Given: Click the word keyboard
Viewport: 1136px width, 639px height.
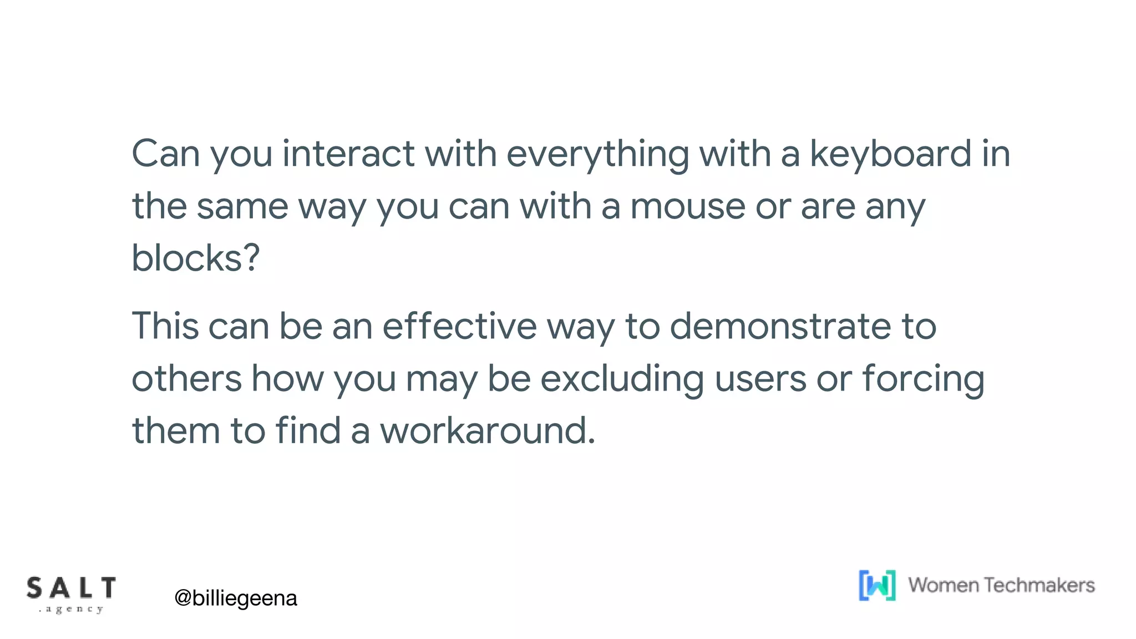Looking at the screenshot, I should [891, 154].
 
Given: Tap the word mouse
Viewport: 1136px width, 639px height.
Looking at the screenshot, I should [687, 206].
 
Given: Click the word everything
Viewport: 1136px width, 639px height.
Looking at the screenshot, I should [597, 154].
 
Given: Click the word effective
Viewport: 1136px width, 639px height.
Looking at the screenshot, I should [459, 326].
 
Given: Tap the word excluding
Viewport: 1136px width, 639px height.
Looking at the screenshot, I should [622, 379].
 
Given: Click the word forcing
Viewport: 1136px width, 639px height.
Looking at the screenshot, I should [924, 379].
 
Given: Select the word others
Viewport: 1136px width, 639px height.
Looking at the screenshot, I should [186, 379].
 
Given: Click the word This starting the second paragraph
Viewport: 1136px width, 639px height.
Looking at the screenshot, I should [165, 326].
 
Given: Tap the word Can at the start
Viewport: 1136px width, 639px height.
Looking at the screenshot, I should [165, 154].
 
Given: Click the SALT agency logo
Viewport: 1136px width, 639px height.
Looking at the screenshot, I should [71, 594].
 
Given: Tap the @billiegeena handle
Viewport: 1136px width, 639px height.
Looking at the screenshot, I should [236, 598].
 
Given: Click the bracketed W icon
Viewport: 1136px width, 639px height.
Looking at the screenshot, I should [877, 585].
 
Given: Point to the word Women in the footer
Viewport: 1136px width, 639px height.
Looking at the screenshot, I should [943, 585].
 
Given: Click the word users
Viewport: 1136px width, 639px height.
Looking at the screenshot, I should [760, 379].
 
